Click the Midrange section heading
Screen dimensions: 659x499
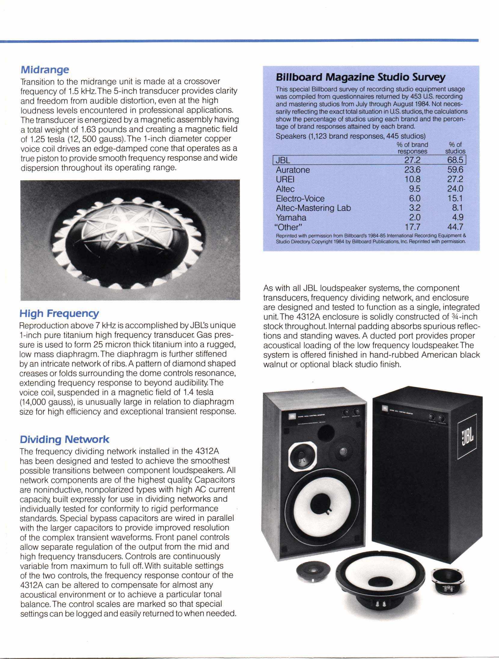(45, 70)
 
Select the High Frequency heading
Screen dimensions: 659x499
(59, 314)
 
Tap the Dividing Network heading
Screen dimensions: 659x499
(64, 439)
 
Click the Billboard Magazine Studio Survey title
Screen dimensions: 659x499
(360, 77)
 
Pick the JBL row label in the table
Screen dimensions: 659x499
(283, 160)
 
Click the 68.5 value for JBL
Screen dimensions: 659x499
(455, 160)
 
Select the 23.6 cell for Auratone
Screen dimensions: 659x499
(412, 170)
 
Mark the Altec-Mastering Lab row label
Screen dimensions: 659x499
(313, 208)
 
